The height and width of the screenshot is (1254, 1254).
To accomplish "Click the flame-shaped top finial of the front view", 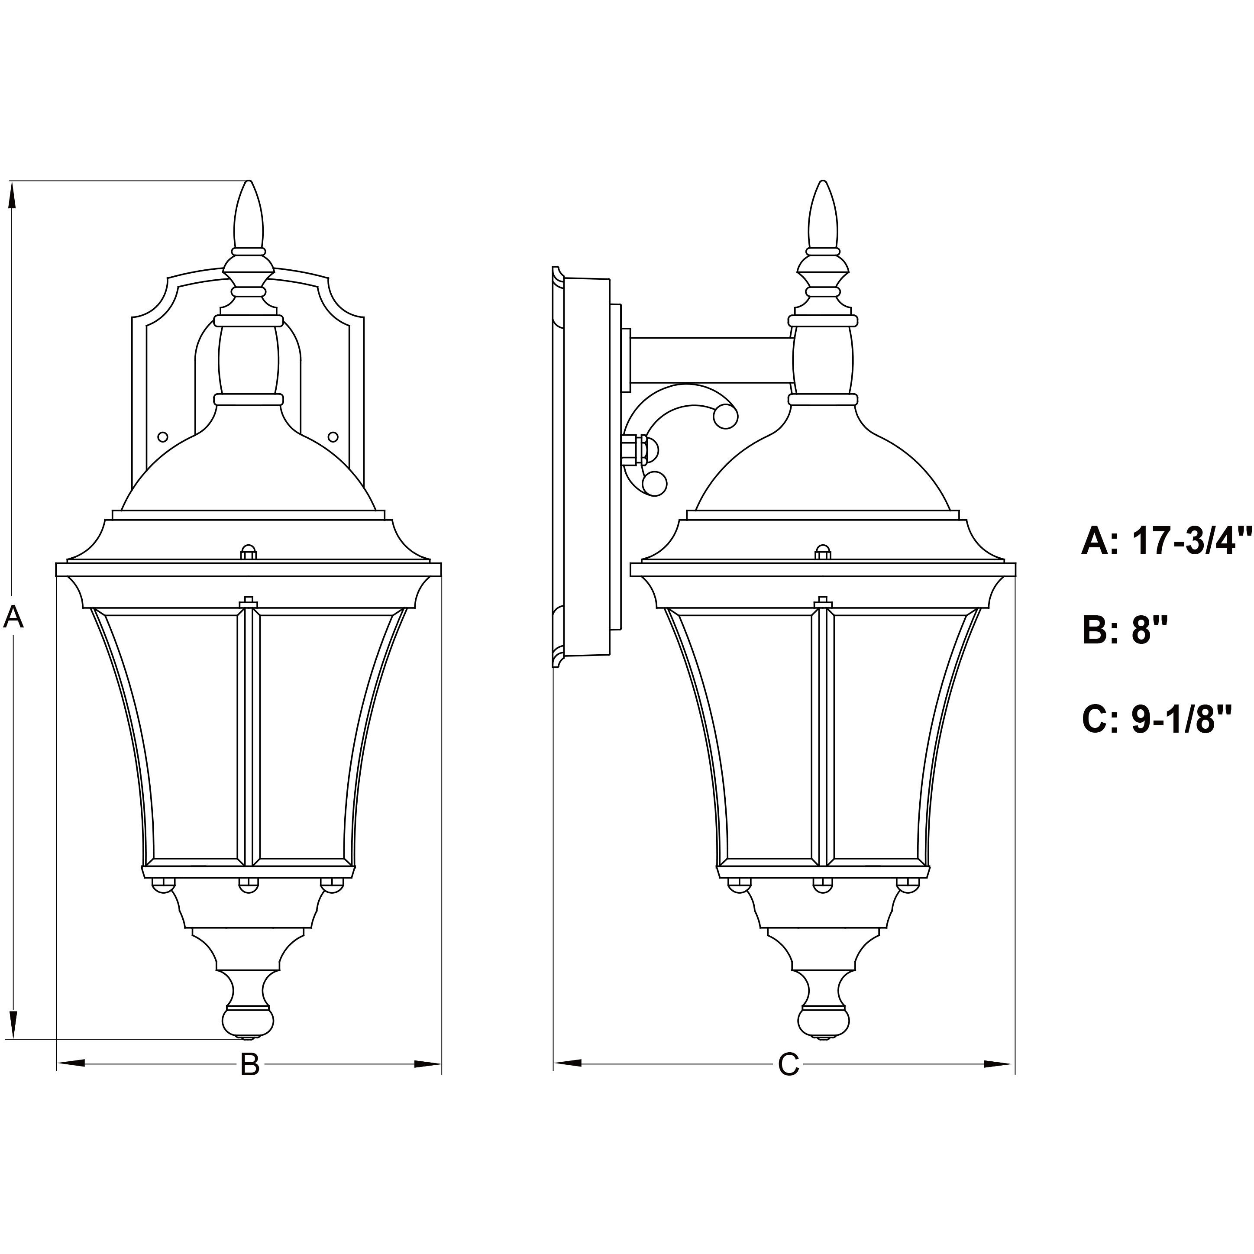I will pyautogui.click(x=249, y=214).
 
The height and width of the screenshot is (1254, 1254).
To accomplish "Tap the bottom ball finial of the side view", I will pyautogui.click(x=823, y=1021).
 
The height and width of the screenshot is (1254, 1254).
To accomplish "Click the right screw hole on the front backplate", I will pyautogui.click(x=333, y=437).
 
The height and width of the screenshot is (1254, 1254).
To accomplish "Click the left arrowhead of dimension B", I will pyautogui.click(x=71, y=1063).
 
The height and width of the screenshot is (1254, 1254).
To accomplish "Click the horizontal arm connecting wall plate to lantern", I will pyautogui.click(x=711, y=360).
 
